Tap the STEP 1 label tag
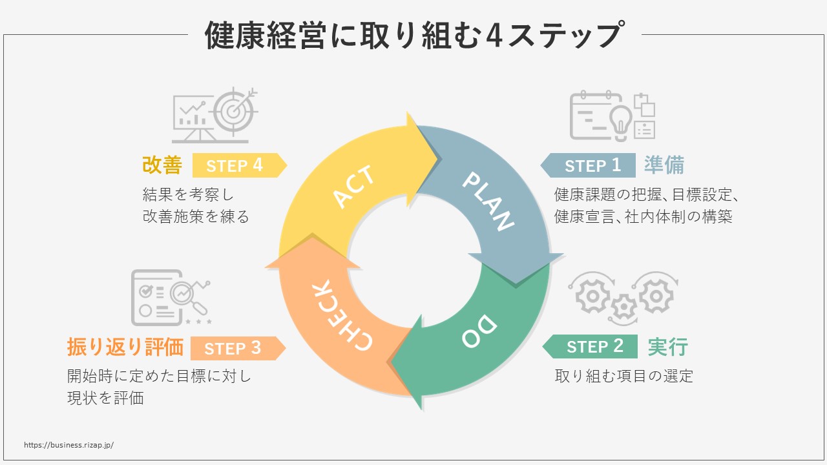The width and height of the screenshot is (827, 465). click(589, 165)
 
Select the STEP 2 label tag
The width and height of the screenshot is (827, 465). click(591, 346)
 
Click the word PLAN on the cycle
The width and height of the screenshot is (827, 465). click(488, 200)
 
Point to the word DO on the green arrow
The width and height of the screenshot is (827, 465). click(480, 330)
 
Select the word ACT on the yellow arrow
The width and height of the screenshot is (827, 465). click(353, 187)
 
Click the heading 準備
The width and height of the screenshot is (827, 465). click(664, 165)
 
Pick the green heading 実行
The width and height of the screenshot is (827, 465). click(667, 347)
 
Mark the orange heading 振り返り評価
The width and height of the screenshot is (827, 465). click(125, 347)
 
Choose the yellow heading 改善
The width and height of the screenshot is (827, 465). click(162, 165)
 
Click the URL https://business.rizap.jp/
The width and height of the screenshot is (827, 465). click(68, 445)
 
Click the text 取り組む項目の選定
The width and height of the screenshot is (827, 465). click(623, 376)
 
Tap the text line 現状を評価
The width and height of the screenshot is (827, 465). click(105, 398)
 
